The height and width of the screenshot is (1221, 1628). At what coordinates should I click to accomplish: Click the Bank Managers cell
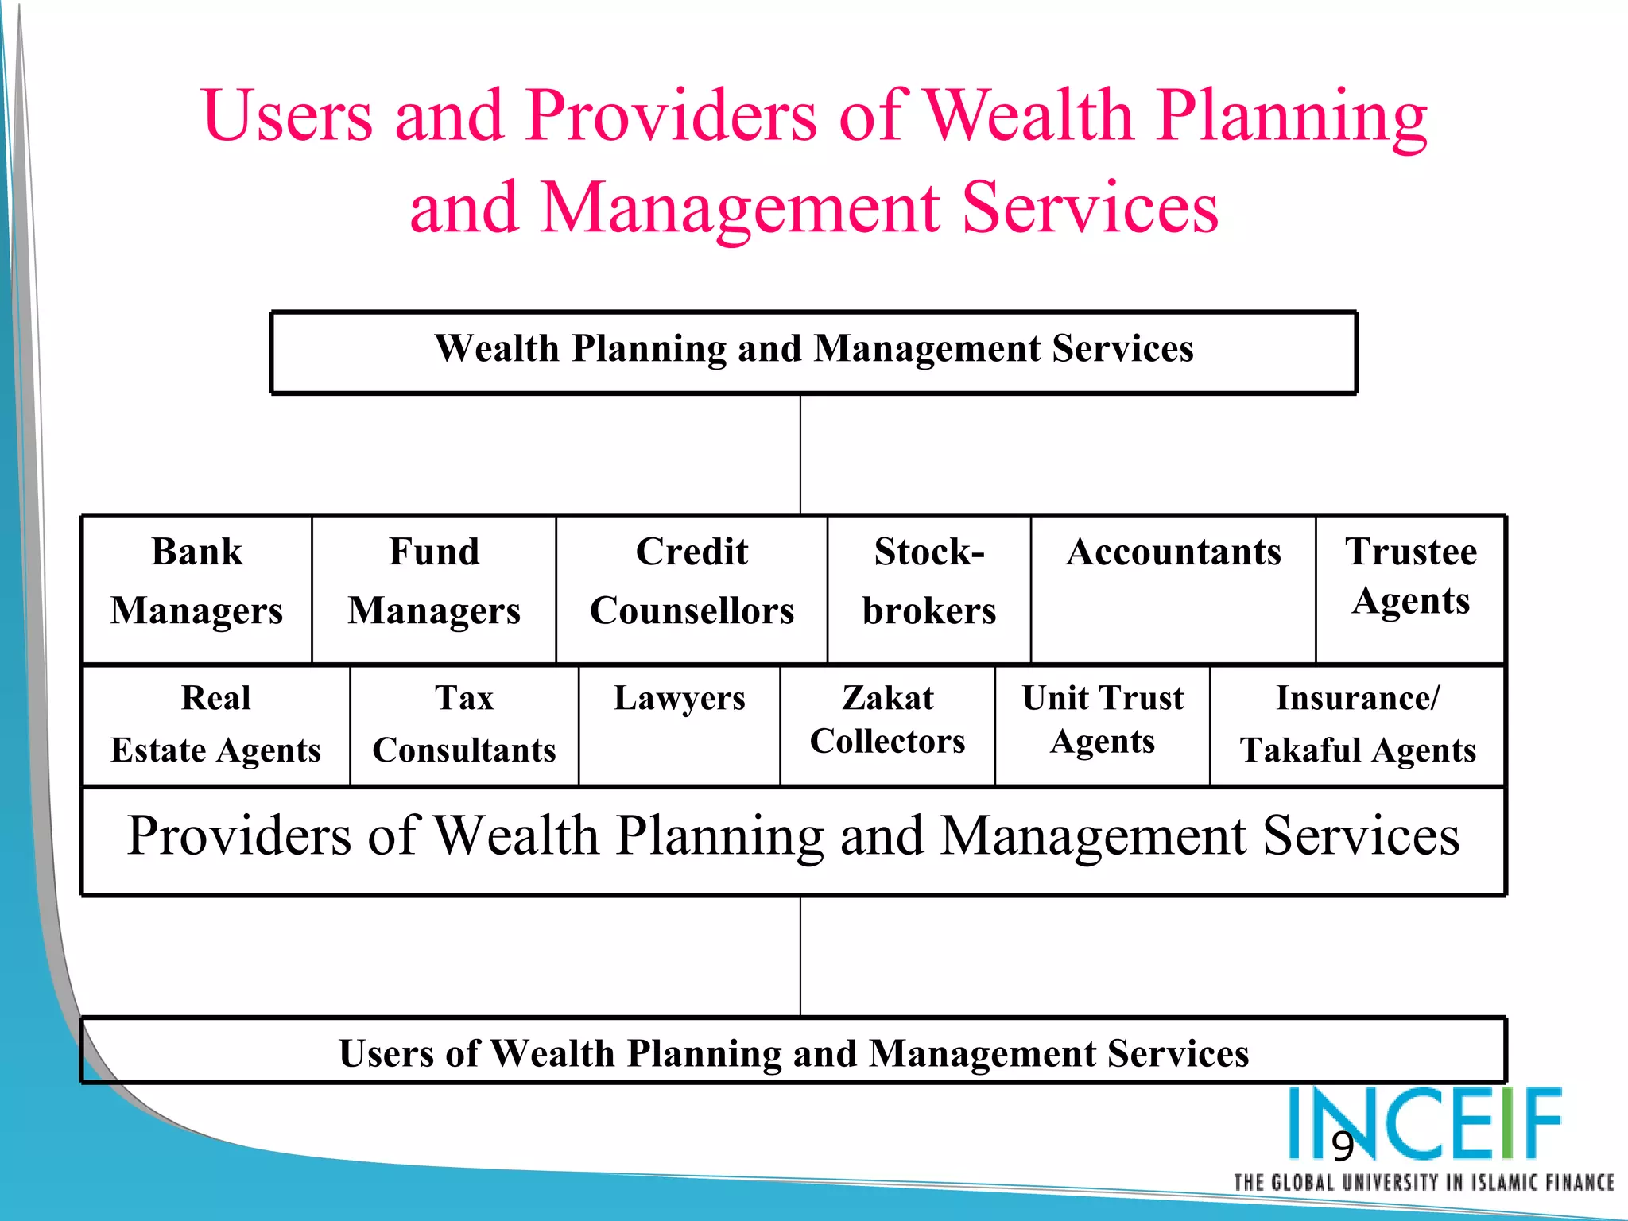pos(196,589)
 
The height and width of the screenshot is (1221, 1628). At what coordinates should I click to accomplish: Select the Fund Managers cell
pos(434,589)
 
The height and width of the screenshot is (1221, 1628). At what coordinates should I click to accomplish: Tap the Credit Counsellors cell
pos(692,589)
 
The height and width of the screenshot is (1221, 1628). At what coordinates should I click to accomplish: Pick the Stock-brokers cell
pos(928,589)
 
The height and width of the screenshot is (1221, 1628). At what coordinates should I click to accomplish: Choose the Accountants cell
pos(1173,589)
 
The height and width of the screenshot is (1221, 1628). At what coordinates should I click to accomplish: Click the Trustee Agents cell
pos(1411,589)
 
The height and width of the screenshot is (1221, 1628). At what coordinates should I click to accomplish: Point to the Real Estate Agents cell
pos(215,725)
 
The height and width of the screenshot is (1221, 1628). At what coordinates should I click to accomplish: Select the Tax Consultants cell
pos(464,725)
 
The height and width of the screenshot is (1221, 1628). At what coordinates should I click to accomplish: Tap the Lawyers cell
pos(680,725)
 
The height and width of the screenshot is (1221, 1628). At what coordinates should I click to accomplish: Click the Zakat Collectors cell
pos(887,725)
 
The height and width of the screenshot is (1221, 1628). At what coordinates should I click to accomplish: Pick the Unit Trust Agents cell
pos(1103,725)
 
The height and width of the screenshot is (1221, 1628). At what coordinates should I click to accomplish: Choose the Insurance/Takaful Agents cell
pos(1358,725)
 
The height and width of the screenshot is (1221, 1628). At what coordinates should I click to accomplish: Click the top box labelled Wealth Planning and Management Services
pos(814,352)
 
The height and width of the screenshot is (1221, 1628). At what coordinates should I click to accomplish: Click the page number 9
pos(1343,1146)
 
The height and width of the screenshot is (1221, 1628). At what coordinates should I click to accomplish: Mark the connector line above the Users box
pos(800,956)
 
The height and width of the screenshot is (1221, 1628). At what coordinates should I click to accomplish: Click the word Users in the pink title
pos(287,116)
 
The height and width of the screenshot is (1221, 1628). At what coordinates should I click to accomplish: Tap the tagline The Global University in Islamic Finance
pos(1423,1184)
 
